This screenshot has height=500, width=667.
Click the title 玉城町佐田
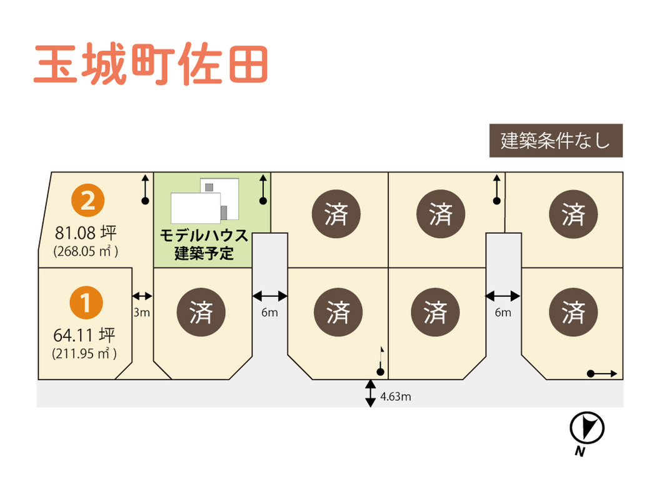coord(151,64)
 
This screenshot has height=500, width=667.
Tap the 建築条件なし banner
coord(555,141)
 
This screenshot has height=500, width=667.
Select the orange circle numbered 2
coord(88,201)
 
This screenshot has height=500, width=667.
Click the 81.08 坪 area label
coord(86,234)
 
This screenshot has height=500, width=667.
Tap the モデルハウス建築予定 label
coord(204,244)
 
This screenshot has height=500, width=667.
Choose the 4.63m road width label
coord(396,396)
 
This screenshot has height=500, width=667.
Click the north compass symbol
coord(587,429)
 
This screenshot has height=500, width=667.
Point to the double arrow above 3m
coord(143,296)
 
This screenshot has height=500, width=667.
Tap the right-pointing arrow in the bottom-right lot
coord(603,374)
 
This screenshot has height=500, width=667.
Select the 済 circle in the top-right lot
coord(573,214)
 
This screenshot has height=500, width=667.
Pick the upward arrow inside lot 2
coord(145,189)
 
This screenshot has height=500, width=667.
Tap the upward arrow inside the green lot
coord(263,189)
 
